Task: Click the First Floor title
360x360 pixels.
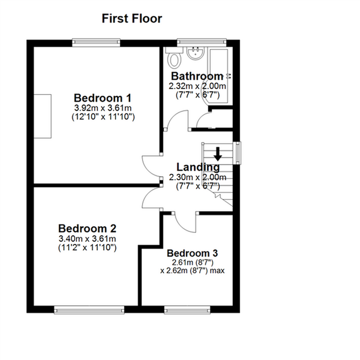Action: click(132, 19)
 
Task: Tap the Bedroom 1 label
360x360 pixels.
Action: click(102, 98)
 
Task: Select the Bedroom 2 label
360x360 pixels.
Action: click(87, 228)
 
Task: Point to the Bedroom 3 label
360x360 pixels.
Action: click(192, 253)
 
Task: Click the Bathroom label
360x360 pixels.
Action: click(197, 76)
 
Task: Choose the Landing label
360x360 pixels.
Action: click(198, 167)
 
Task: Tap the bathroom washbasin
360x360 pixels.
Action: click(195, 53)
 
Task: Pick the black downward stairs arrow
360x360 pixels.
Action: click(218, 154)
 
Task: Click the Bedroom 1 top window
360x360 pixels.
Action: click(96, 42)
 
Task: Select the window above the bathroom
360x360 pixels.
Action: click(202, 42)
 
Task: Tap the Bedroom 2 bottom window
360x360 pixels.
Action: click(89, 310)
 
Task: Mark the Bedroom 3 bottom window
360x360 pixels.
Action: click(187, 310)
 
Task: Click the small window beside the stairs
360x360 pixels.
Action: click(238, 153)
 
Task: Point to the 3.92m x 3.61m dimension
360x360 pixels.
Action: click(103, 108)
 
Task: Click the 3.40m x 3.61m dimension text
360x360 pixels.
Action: click(87, 239)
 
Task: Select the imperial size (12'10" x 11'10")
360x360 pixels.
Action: click(103, 117)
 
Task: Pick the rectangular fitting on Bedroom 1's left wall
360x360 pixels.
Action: click(42, 116)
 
